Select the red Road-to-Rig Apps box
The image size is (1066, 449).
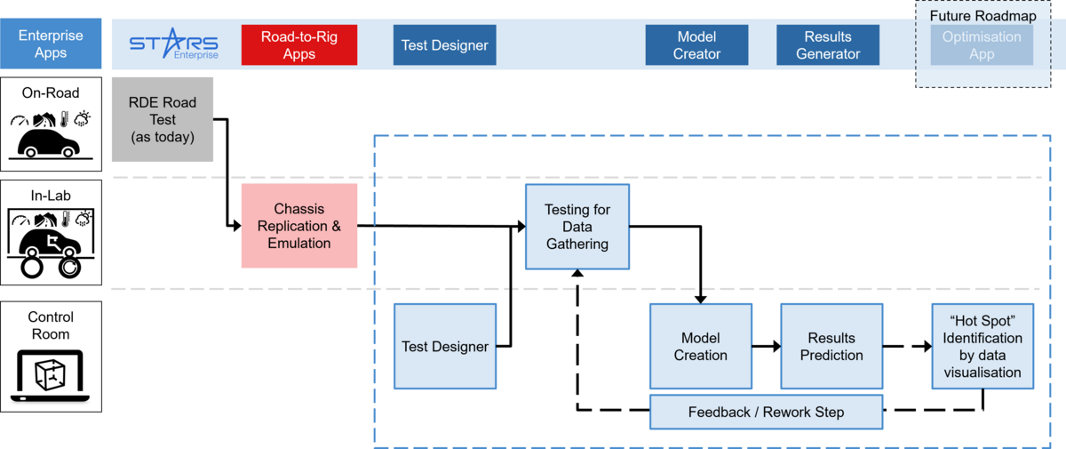click(299, 44)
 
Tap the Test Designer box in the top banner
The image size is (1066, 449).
click(444, 44)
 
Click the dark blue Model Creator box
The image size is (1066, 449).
click(696, 44)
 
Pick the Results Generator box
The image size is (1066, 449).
click(828, 44)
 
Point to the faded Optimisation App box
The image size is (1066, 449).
click(982, 44)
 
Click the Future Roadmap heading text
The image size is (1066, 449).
click(982, 16)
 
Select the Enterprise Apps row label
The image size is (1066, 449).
click(51, 44)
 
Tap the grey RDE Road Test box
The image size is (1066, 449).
click(163, 119)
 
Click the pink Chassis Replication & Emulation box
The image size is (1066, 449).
click(299, 226)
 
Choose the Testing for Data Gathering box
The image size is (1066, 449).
click(577, 226)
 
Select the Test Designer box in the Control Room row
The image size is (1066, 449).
click(445, 346)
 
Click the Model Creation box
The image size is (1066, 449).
click(700, 346)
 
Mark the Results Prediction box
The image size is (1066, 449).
click(831, 346)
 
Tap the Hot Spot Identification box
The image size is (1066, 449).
click(982, 346)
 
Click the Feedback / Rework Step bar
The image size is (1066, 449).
click(766, 412)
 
